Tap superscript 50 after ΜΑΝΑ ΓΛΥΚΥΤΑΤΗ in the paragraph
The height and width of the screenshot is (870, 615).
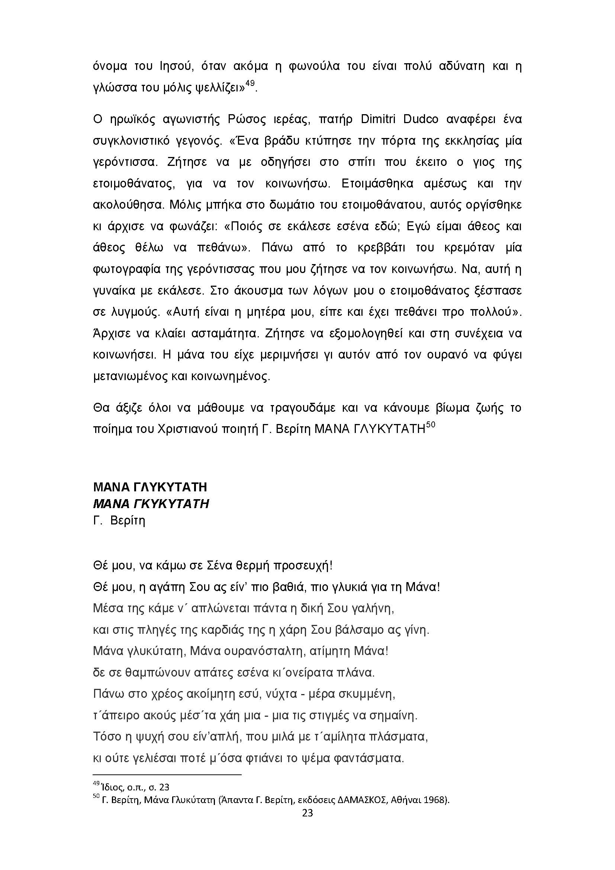pyautogui.click(x=431, y=424)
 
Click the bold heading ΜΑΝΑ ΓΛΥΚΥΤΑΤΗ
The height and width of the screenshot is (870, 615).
pyautogui.click(x=150, y=487)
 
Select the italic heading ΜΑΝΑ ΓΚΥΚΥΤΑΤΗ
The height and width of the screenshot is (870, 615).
pyautogui.click(x=151, y=504)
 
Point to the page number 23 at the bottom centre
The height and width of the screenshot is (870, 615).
pyautogui.click(x=307, y=813)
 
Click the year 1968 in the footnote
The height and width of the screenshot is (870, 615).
pyautogui.click(x=434, y=800)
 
